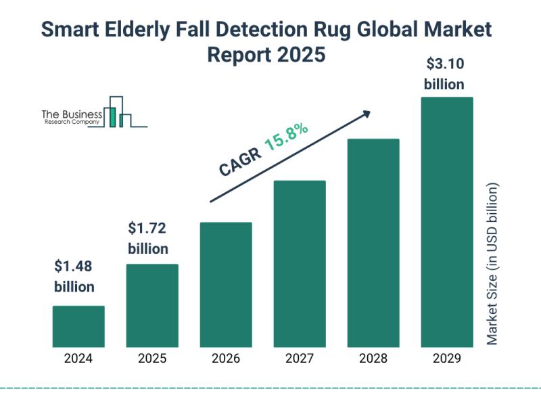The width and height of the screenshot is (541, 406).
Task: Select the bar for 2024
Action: [x=78, y=326]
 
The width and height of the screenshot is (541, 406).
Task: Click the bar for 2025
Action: [x=152, y=305]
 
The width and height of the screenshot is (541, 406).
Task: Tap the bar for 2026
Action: [x=226, y=284]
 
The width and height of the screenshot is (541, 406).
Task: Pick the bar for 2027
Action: [x=300, y=264]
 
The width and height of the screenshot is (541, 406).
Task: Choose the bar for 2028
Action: [x=373, y=243]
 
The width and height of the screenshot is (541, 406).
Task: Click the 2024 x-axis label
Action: [x=78, y=359]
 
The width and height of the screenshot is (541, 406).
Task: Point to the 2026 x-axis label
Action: [x=226, y=359]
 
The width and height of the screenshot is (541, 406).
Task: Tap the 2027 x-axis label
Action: [x=300, y=359]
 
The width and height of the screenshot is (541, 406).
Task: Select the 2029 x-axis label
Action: [x=447, y=359]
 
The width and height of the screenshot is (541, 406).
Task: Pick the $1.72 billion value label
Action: [x=148, y=238]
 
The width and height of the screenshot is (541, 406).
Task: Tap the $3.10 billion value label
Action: [x=444, y=74]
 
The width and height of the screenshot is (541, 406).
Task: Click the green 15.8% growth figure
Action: [x=287, y=137]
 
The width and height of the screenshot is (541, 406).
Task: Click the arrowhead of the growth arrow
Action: [x=367, y=113]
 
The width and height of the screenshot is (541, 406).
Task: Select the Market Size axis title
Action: [x=492, y=264]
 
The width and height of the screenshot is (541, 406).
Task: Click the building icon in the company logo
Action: [x=117, y=112]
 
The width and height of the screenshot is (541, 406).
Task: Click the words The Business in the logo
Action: [x=72, y=114]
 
